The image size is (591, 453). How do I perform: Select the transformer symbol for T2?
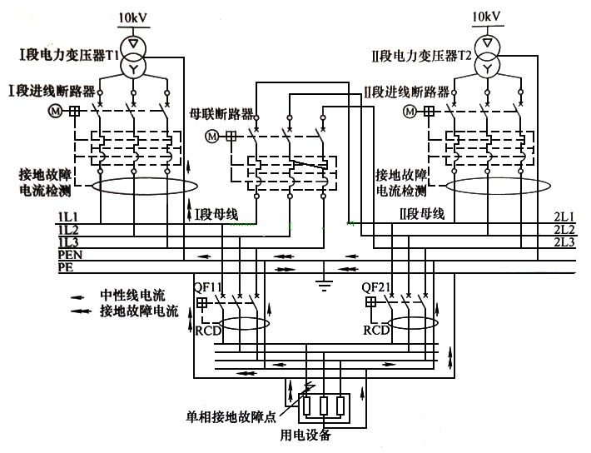click(489, 54)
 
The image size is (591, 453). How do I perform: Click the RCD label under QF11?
click(208, 330)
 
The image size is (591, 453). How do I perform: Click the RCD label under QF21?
click(376, 330)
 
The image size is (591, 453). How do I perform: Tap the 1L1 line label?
click(67, 217)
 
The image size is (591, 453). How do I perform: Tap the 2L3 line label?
click(564, 241)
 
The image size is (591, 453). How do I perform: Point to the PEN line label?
click(70, 254)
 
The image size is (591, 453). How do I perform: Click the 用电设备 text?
click(305, 435)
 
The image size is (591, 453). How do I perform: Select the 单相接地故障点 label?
click(231, 416)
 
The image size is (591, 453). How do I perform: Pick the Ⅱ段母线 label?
click(422, 214)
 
